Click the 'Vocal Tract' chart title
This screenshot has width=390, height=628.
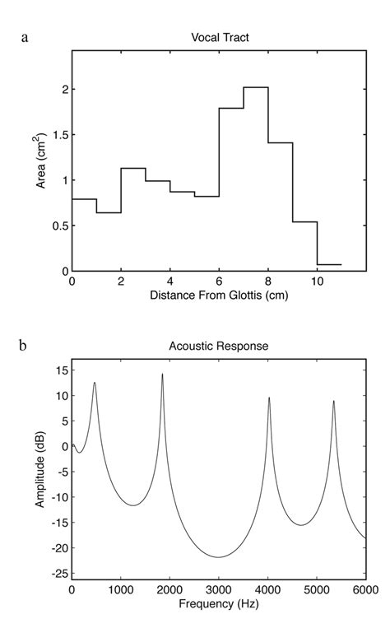coord(219,36)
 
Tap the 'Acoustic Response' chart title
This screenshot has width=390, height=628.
coord(219,347)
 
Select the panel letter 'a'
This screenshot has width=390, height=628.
coord(25,37)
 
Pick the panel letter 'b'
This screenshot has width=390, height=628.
coord(25,345)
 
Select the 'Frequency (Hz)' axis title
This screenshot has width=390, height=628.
coord(219,604)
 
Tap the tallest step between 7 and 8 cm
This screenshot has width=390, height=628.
coord(256,87)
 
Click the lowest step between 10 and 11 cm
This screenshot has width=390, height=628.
coord(329,264)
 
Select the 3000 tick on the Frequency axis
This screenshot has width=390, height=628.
coord(219,589)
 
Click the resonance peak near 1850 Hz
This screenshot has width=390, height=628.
coord(162,374)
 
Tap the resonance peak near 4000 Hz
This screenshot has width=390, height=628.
coord(269,398)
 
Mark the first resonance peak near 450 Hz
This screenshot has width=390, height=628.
coord(95,383)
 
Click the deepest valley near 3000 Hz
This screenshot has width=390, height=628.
coord(218,557)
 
